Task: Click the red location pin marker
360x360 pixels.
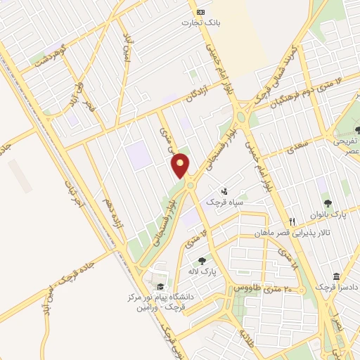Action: pos(181,165)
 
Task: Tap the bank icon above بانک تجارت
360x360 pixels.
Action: pos(201,12)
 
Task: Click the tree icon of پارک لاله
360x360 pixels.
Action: pos(202,260)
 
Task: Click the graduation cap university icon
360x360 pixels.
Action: pos(160,287)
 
